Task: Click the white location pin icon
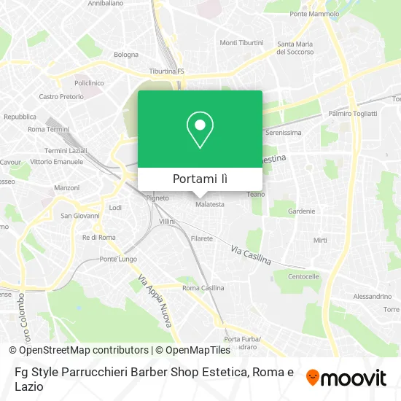(200, 130)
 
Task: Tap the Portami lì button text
(200, 179)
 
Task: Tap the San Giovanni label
(75, 216)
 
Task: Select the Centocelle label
(303, 277)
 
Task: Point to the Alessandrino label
(372, 297)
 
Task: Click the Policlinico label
(88, 84)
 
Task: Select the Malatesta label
(210, 205)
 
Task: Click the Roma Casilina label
(203, 288)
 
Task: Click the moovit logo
(346, 378)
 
